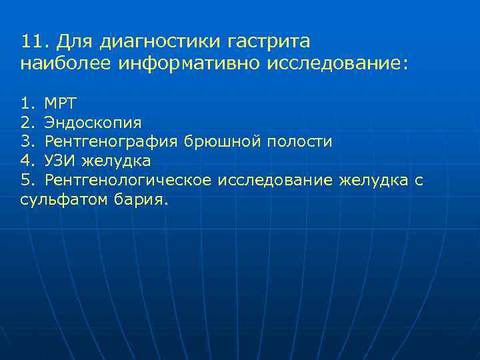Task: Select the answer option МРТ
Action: click(x=61, y=103)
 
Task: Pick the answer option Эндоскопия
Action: click(x=93, y=123)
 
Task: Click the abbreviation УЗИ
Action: click(x=61, y=161)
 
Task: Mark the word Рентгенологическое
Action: click(x=128, y=181)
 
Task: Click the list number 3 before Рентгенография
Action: click(x=26, y=142)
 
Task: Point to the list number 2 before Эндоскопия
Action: click(x=26, y=123)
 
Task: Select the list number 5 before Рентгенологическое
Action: click(x=26, y=181)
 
